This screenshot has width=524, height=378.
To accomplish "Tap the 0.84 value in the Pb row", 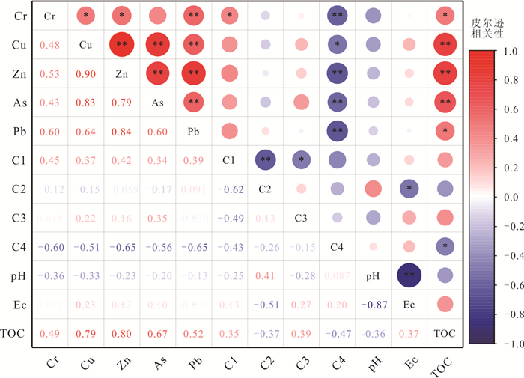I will [122, 131].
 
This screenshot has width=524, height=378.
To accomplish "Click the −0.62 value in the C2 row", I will [228, 189].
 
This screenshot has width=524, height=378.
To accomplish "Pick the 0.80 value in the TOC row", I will [122, 334].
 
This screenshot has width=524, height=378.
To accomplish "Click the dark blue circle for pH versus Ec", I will [409, 275].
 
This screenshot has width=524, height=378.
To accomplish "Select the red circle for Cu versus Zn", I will [122, 44].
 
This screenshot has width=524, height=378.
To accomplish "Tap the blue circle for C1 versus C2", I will [265, 159].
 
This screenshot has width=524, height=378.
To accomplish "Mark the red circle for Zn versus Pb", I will [193, 73].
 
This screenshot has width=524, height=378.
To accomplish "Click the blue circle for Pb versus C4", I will [336, 131].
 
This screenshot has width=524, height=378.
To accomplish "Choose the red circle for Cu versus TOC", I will [445, 44].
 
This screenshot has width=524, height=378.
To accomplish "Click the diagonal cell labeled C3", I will [300, 218].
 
